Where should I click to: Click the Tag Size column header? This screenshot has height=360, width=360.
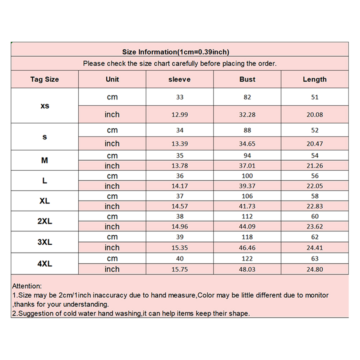(45, 79)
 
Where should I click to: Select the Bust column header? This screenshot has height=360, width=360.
(247, 79)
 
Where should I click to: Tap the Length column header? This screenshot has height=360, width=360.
(315, 79)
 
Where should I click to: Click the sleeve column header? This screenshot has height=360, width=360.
(180, 79)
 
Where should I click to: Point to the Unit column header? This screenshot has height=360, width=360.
(112, 79)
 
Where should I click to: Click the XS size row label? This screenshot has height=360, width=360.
(45, 106)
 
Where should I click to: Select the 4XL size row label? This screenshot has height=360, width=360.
(45, 264)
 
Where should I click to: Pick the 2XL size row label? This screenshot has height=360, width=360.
(45, 221)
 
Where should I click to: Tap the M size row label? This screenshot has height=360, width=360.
(45, 161)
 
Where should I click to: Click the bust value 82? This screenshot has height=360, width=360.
(247, 97)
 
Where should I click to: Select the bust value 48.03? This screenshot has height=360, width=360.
(247, 269)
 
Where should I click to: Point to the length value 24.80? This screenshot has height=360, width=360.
(315, 269)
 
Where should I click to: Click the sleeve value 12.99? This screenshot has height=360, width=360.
(180, 115)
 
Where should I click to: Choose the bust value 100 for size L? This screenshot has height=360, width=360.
(247, 176)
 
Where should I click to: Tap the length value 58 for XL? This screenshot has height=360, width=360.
(315, 197)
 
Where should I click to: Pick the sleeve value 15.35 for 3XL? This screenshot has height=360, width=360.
(180, 248)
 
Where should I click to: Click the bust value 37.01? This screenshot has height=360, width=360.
(247, 166)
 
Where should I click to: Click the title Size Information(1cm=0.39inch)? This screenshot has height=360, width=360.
(176, 52)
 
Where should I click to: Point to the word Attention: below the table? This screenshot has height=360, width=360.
(27, 286)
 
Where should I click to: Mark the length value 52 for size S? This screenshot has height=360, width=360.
(315, 130)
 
